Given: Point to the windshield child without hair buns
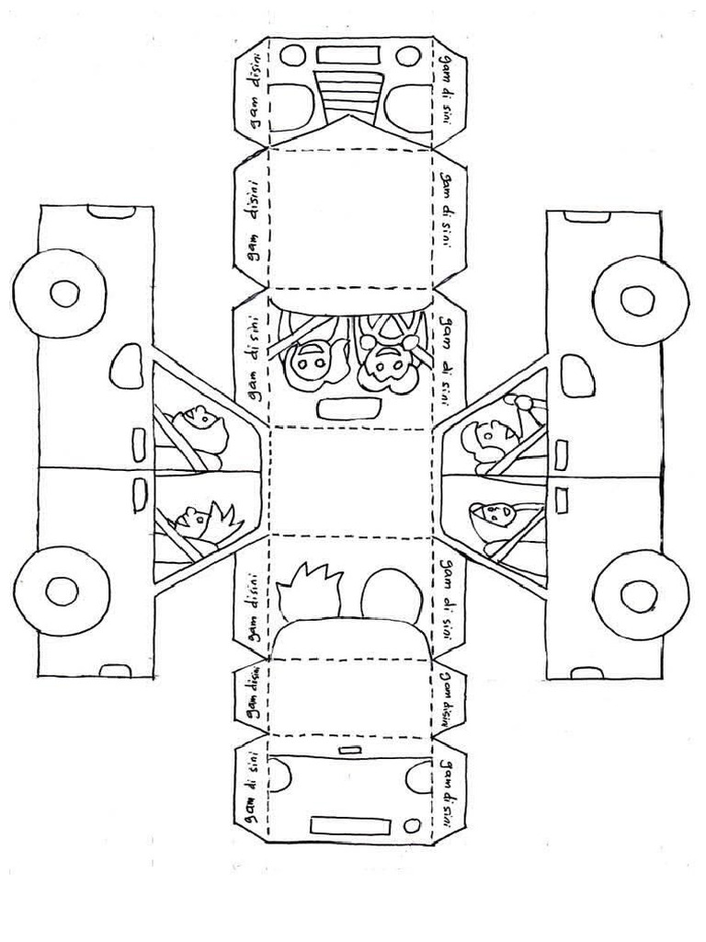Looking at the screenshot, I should pos(308,364).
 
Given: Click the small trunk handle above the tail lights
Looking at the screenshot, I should pos(350,752).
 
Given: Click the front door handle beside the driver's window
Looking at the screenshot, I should pos(562,452).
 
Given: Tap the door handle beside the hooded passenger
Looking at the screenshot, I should pos(562,500).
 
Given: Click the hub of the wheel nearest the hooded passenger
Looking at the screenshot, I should pos(638,594).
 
